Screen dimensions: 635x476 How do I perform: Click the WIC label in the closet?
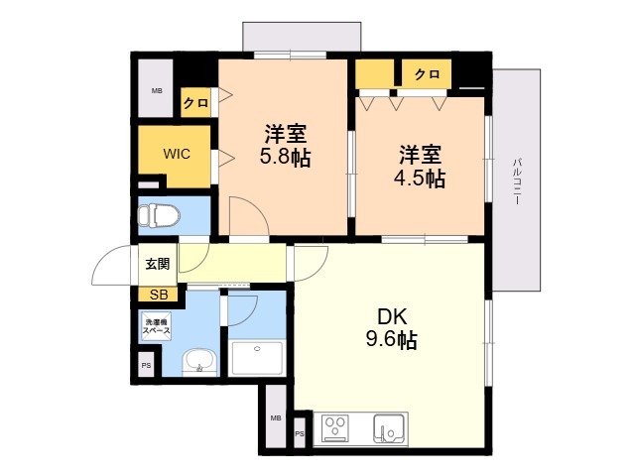pyautogui.click(x=177, y=154)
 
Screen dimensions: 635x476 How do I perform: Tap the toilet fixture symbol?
pyautogui.click(x=159, y=215)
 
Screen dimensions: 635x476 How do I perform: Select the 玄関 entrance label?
pyautogui.click(x=157, y=264)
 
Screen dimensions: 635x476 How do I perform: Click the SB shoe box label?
pyautogui.click(x=159, y=295)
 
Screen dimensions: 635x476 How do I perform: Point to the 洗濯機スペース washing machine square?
pyautogui.click(x=156, y=327)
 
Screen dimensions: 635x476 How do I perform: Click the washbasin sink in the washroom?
pyautogui.click(x=199, y=361)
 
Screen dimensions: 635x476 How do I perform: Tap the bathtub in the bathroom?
pyautogui.click(x=256, y=358)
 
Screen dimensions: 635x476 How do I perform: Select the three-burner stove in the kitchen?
pyautogui.click(x=335, y=428)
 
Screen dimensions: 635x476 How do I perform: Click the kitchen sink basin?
pyautogui.click(x=389, y=428)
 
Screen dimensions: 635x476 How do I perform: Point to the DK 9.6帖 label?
pyautogui.click(x=392, y=328)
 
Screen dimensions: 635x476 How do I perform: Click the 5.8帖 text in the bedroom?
pyautogui.click(x=285, y=158)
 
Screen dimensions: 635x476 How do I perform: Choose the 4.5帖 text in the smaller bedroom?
pyautogui.click(x=420, y=178)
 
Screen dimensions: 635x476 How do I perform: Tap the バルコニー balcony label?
pyautogui.click(x=516, y=180)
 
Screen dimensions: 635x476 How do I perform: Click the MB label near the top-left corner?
pyautogui.click(x=157, y=91)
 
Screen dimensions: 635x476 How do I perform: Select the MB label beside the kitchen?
pyautogui.click(x=276, y=418)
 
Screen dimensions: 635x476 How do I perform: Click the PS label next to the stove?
pyautogui.click(x=300, y=434)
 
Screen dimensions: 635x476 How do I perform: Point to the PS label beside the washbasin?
pyautogui.click(x=146, y=365)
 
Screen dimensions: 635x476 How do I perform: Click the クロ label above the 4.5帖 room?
pyautogui.click(x=427, y=74)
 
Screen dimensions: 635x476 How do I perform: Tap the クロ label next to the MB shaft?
pyautogui.click(x=196, y=103)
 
